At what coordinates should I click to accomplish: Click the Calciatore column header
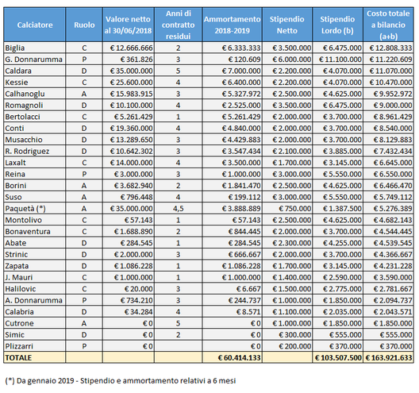35,25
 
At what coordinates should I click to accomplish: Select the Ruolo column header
84,25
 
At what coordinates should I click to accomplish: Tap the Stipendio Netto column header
286,25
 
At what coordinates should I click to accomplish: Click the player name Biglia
15,48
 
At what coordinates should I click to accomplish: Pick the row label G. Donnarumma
33,60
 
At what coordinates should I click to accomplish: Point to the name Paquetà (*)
25,209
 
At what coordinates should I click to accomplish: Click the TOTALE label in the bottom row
18,358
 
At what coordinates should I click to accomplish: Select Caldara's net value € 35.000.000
131,71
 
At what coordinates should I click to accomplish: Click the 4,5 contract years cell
179,209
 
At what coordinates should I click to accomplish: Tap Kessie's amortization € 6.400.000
241,83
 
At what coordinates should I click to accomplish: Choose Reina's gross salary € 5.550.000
342,174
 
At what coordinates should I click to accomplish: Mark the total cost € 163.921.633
389,358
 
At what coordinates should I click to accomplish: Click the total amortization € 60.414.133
239,358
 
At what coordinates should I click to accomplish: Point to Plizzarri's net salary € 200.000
295,346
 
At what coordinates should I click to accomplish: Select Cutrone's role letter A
84,323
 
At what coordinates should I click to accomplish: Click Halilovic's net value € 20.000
139,289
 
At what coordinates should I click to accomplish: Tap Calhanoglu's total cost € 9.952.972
393,94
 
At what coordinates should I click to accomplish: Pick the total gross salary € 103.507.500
338,358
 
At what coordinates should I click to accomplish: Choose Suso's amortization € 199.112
244,197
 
